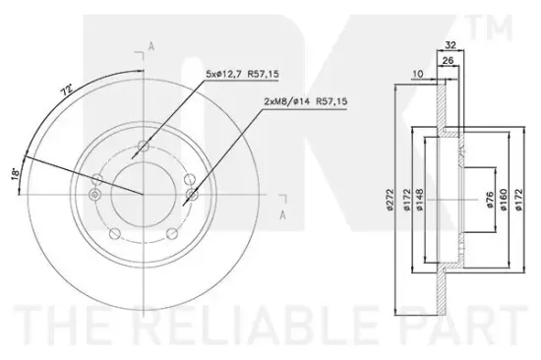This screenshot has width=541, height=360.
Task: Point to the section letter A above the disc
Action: coord(150,45)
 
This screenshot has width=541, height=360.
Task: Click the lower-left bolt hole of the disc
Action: coord(115,233)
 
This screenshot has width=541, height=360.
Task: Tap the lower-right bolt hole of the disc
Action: coord(173,233)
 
